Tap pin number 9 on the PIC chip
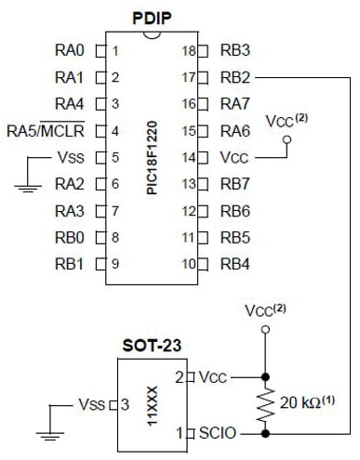click(114, 263)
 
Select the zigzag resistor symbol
click(267, 404)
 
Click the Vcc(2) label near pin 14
click(287, 121)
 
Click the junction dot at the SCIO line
click(267, 432)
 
